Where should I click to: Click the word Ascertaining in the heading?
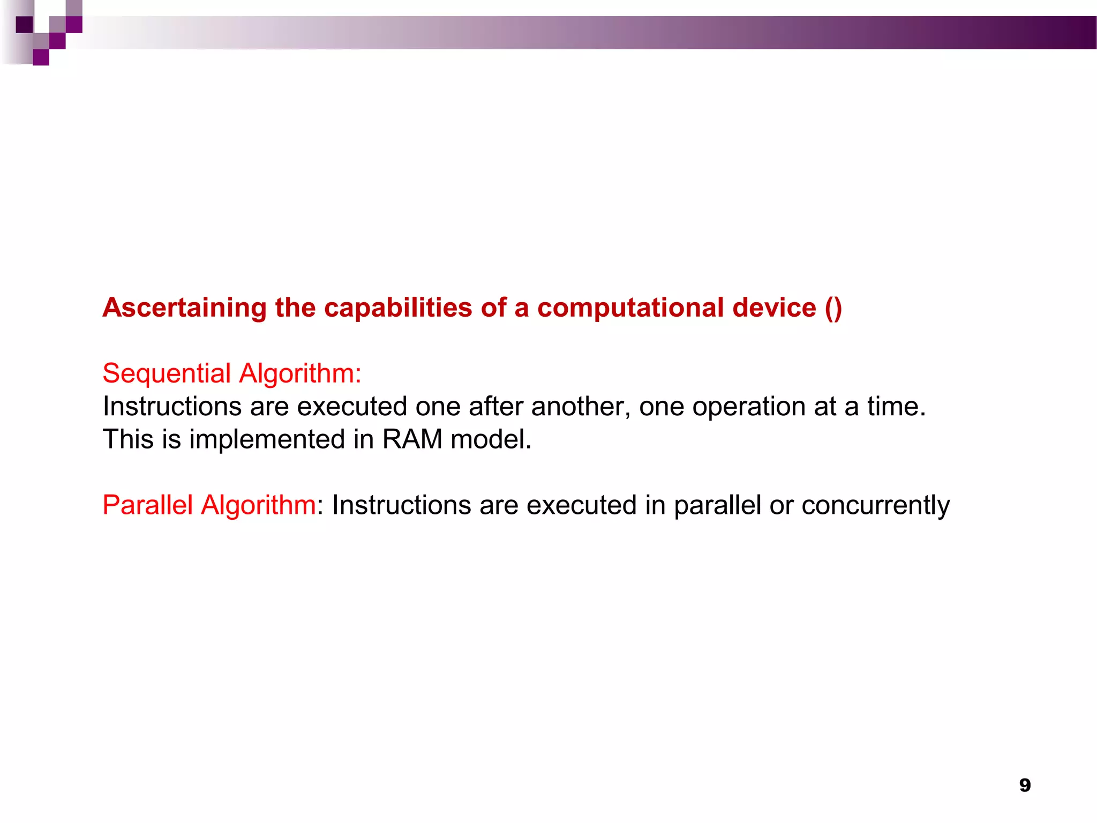coord(184,308)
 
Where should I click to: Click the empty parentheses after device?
coord(833,308)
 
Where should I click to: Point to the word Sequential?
coord(167,373)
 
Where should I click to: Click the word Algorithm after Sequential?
coord(300,373)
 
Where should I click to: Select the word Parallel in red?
coord(147,505)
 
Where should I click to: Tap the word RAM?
coord(412,439)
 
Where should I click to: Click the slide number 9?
coord(1025,785)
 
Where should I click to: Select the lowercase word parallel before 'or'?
coord(717,505)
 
